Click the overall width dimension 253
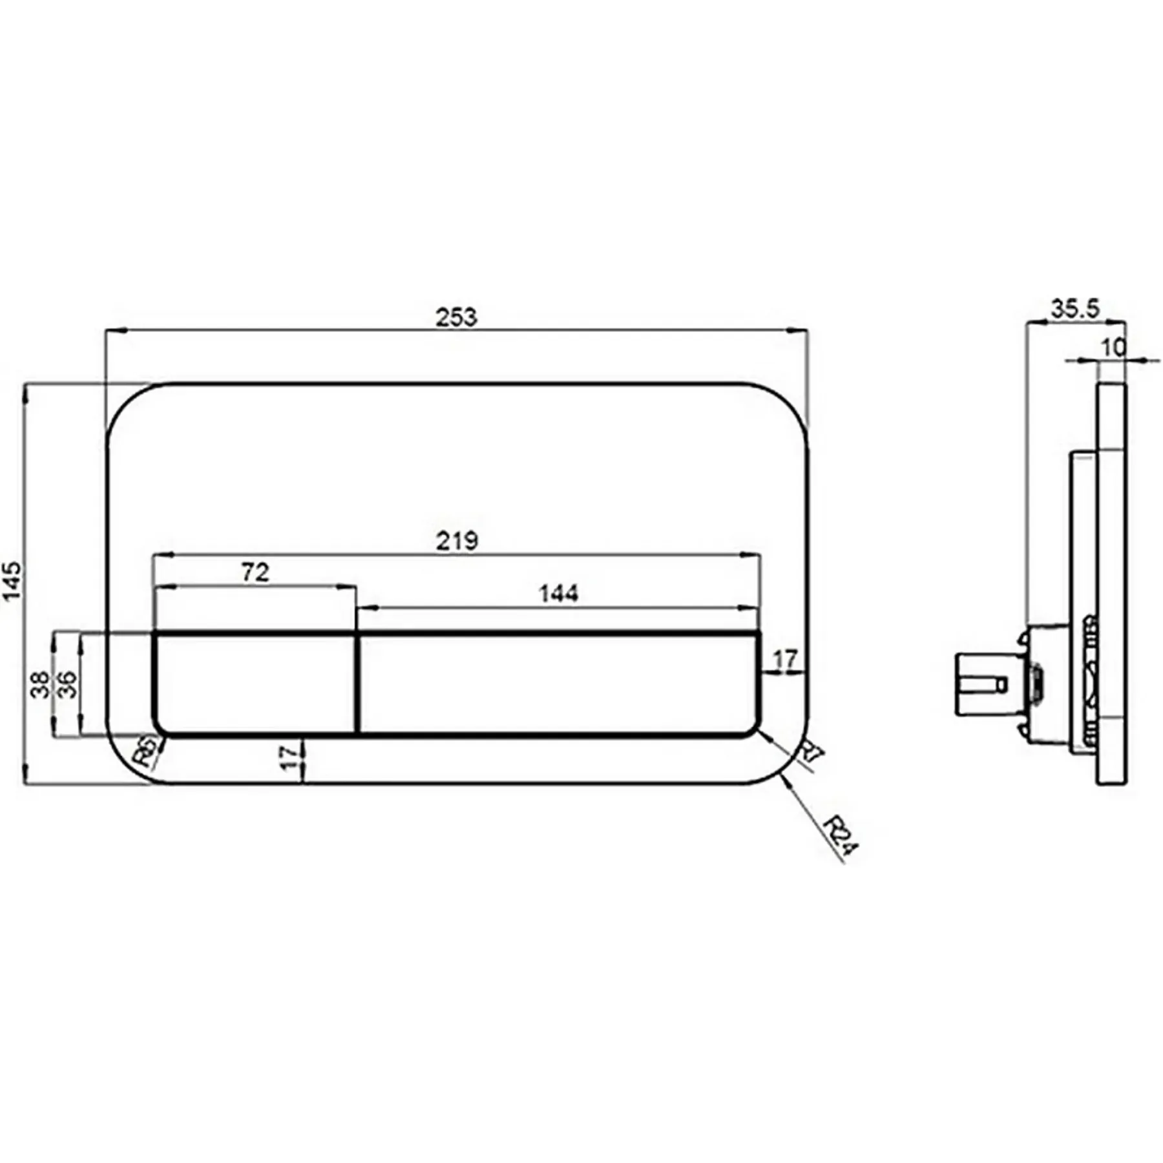tap(456, 317)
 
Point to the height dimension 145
tap(12, 581)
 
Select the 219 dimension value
tap(457, 541)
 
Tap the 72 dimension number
tap(255, 572)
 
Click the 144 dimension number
tap(559, 593)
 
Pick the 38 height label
tap(40, 684)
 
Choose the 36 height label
tap(67, 684)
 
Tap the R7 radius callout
tap(812, 754)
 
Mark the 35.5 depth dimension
tap(1075, 309)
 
